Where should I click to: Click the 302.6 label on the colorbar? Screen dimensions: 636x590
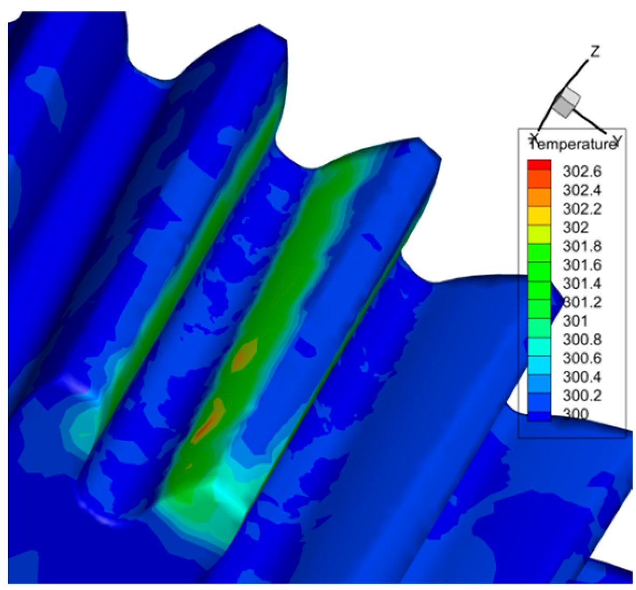(582, 172)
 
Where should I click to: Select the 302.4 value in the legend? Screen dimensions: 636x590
(582, 190)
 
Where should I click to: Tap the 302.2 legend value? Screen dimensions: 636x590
(582, 209)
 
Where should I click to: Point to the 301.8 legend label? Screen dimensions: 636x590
(582, 246)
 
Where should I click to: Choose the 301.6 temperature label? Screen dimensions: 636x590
(582, 265)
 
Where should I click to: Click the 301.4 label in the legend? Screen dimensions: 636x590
(582, 284)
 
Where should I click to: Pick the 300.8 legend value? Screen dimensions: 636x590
(582, 339)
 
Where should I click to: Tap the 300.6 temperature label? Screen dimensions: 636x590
(582, 358)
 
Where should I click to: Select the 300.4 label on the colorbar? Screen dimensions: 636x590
(582, 377)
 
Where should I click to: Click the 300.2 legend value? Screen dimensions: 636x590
(582, 395)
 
